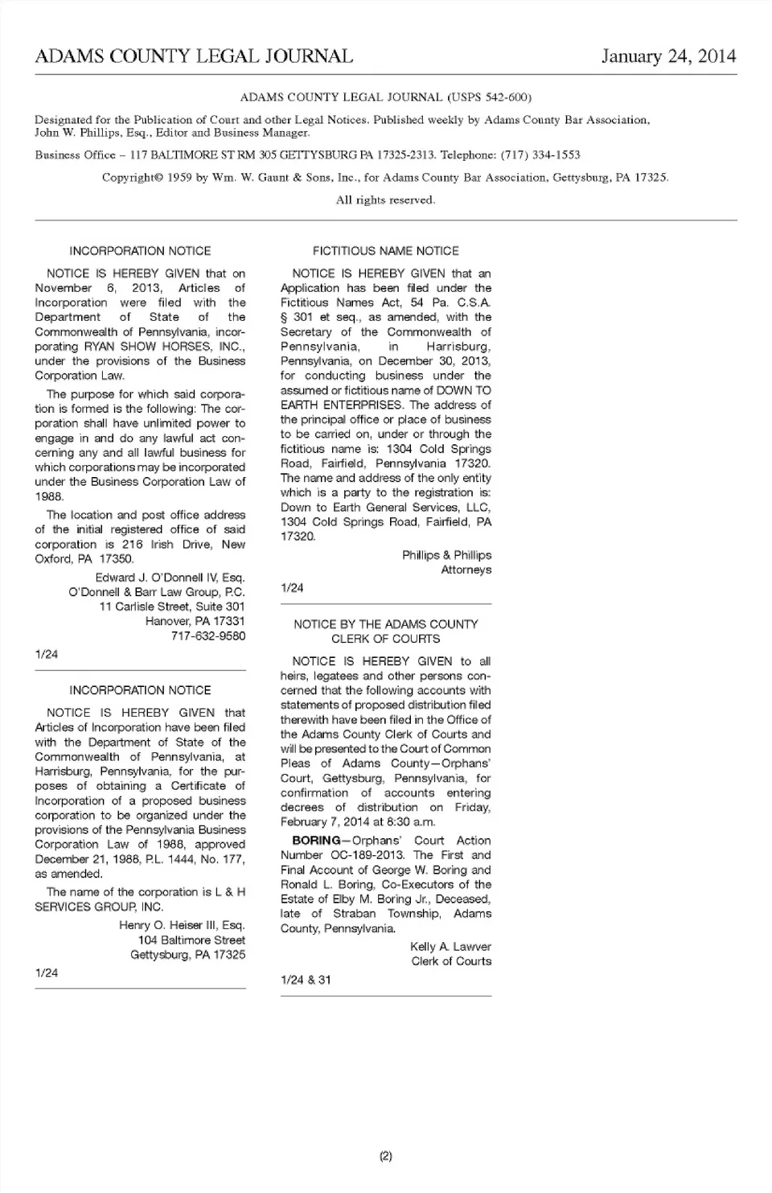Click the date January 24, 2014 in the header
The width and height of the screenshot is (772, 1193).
pos(668,56)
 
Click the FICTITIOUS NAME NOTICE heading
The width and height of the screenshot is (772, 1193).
pos(385,251)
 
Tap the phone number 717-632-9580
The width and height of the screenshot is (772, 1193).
pos(208,636)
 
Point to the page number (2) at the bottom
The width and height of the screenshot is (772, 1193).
pos(385,1157)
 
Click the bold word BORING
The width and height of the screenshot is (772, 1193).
pos(316,841)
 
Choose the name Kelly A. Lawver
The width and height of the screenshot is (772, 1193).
pos(450,947)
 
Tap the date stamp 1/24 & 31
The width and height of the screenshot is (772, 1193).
pos(306,980)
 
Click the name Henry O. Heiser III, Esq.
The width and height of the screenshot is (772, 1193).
pos(182,925)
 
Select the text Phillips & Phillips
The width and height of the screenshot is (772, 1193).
pos(446,555)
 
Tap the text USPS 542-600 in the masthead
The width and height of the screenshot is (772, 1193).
pos(488,97)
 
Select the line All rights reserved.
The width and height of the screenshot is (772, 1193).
pos(385,200)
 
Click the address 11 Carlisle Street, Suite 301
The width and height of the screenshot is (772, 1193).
pos(172,607)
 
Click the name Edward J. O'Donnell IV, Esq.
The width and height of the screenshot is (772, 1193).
pos(170,578)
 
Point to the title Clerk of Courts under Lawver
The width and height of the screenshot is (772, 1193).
pos(451,961)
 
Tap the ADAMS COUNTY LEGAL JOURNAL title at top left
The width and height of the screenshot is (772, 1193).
pos(194,56)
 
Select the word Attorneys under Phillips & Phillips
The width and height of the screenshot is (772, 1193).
pos(466,570)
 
